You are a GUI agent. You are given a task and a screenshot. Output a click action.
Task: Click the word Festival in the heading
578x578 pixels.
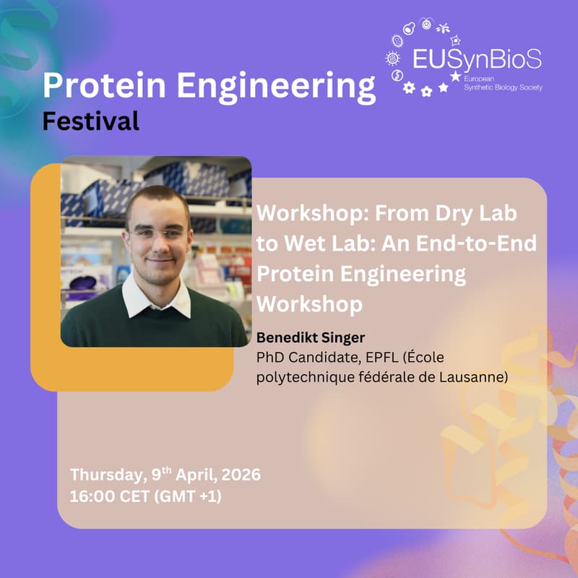pos(90,121)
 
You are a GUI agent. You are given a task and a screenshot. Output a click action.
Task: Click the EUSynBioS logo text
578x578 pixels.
pos(477,59)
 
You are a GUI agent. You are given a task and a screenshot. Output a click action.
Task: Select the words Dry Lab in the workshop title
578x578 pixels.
pos(480,215)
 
